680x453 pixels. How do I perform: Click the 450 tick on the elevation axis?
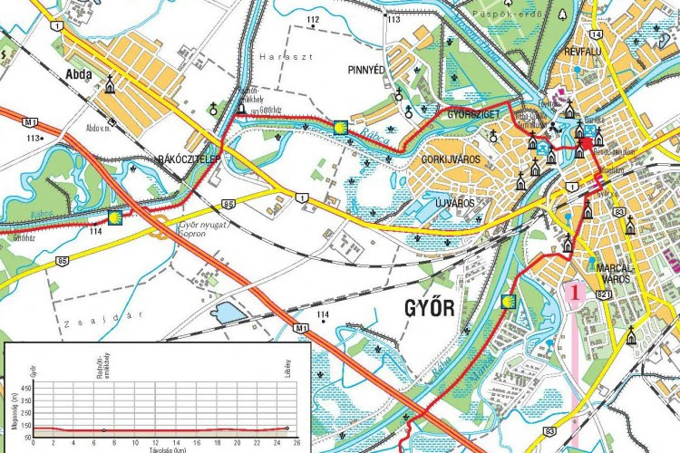[25, 388]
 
